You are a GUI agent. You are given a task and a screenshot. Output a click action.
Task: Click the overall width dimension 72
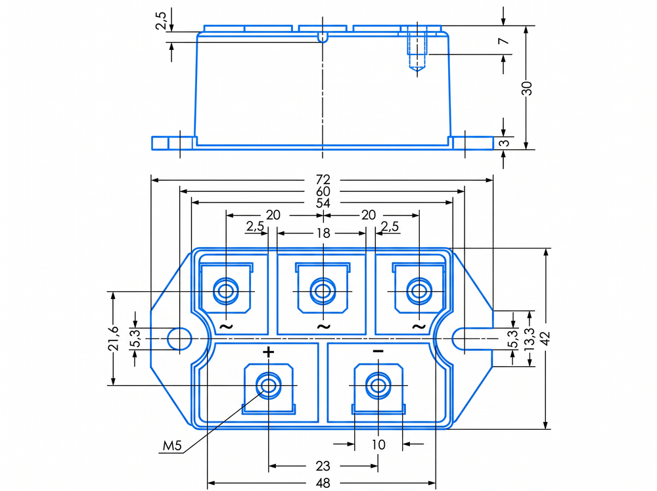[x=323, y=179]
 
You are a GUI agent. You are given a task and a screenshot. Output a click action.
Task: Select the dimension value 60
[x=323, y=191]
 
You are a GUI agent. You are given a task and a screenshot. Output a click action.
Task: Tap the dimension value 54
[x=323, y=203]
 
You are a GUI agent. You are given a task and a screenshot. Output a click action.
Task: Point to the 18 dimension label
[x=323, y=233]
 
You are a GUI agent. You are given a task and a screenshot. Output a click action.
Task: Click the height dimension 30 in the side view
[x=528, y=88]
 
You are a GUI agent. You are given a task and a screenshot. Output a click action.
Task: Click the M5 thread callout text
[x=172, y=446]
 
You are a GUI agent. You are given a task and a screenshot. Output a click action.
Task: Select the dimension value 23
[x=323, y=465]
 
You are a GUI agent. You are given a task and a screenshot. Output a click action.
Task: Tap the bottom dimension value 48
[x=323, y=483]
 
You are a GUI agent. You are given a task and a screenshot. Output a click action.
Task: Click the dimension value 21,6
[x=113, y=338]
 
